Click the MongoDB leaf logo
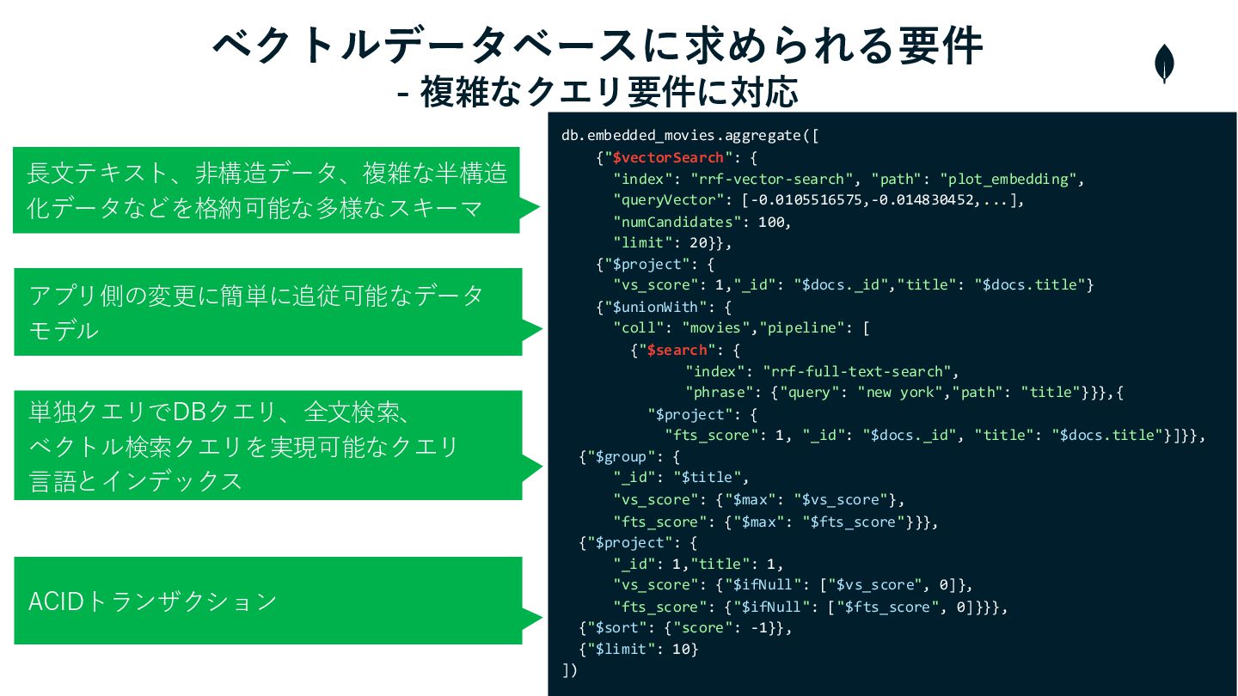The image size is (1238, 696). pos(1165,64)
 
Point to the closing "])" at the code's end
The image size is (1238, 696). pos(569,670)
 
